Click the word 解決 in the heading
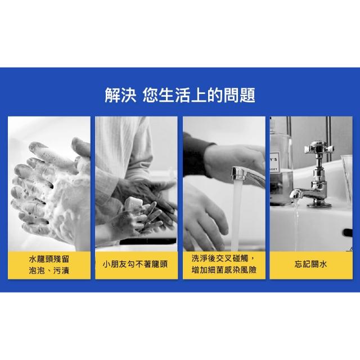[x=120, y=95]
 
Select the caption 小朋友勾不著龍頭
[x=135, y=264]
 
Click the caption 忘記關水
[x=310, y=264]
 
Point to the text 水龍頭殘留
[x=49, y=259]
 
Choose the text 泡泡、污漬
[x=49, y=271]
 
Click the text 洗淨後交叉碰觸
[x=220, y=258]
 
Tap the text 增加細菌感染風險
[x=224, y=270]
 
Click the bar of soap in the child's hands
[x=134, y=204]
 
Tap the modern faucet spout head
[x=238, y=174]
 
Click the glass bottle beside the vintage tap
[x=281, y=161]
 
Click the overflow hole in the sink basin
[x=348, y=232]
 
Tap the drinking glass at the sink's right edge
[x=346, y=179]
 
